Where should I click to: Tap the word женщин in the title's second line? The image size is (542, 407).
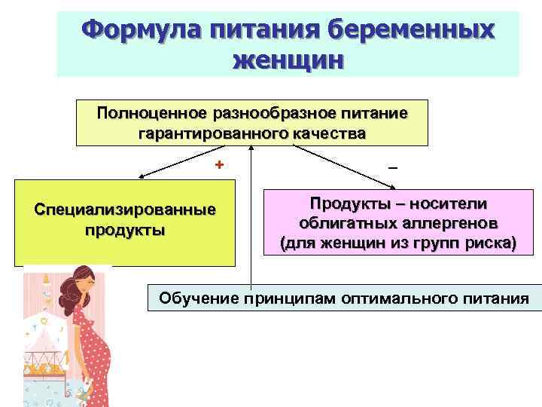click(x=288, y=59)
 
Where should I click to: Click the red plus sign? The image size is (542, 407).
click(x=219, y=165)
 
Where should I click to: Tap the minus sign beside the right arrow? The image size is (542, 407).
click(x=392, y=166)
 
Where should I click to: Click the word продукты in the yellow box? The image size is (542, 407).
click(x=125, y=229)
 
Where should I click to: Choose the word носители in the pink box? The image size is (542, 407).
click(x=452, y=203)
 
